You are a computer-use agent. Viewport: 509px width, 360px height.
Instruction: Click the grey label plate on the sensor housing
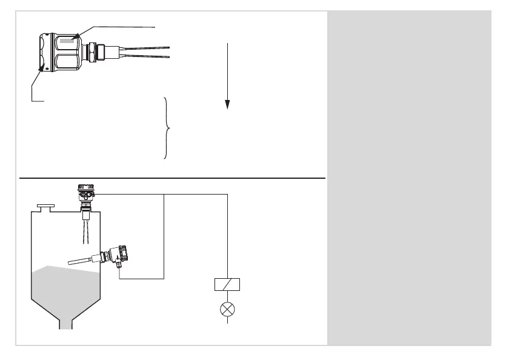[x=67, y=42]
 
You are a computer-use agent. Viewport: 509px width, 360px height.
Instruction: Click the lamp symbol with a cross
[x=228, y=309]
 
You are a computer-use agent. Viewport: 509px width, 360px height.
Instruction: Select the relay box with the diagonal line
[x=228, y=284]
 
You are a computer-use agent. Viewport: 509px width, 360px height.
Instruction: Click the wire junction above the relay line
[x=165, y=194]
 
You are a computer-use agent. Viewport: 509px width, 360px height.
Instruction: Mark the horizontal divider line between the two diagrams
[x=173, y=179]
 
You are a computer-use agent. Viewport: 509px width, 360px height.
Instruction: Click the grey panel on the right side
[x=409, y=179]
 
